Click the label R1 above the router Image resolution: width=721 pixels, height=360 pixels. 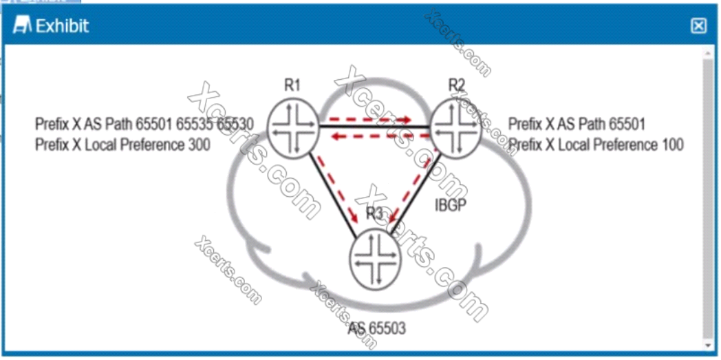(x=292, y=85)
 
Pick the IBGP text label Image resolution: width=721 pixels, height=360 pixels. (x=451, y=204)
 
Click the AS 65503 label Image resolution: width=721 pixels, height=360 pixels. (x=377, y=328)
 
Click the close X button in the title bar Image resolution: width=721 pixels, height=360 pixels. (x=698, y=26)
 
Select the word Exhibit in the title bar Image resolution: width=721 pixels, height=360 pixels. (x=63, y=27)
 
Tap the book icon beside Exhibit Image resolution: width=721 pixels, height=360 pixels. (x=23, y=26)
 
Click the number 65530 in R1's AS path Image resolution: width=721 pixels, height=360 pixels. (x=235, y=125)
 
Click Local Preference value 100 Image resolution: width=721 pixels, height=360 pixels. (x=669, y=145)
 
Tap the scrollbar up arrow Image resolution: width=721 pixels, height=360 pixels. (x=707, y=53)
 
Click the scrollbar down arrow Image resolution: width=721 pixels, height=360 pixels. (x=707, y=343)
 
